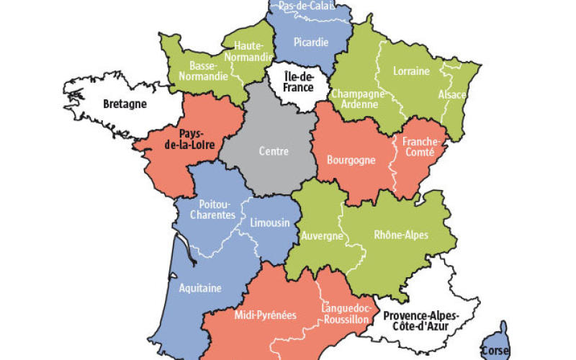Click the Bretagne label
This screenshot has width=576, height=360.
tap(125, 104)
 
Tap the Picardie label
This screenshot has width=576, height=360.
tap(311, 42)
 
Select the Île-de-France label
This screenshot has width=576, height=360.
tap(298, 82)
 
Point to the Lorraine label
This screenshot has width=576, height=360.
tap(411, 71)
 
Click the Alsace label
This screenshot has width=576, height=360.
tap(452, 95)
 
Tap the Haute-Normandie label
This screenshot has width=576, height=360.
tap(248, 51)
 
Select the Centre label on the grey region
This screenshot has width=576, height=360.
tap(274, 151)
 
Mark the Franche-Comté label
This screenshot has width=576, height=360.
tap(418, 147)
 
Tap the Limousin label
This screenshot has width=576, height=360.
tap(269, 223)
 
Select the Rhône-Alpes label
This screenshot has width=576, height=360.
tap(401, 235)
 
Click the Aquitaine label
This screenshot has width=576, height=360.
tap(199, 287)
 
